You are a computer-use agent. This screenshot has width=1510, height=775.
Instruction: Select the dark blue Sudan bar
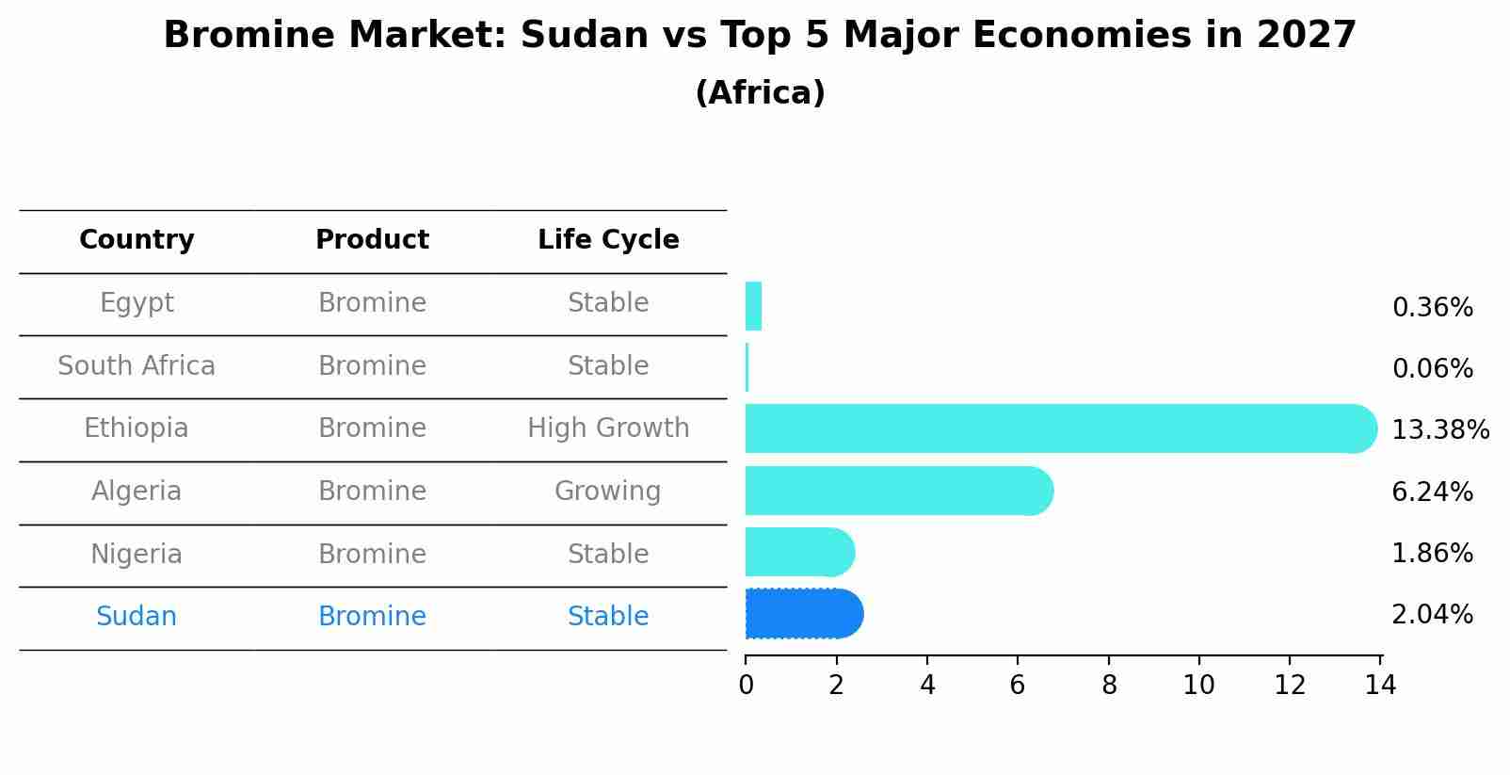point(803,614)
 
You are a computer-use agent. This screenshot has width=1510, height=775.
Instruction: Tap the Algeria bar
point(898,491)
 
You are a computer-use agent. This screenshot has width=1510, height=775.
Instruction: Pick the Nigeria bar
point(799,552)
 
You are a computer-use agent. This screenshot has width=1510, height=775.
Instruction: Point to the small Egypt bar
point(753,306)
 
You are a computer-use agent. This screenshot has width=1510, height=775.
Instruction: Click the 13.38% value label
point(1439,430)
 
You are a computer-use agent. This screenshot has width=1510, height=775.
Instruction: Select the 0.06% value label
point(1432,369)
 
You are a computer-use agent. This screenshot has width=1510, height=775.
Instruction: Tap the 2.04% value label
point(1432,615)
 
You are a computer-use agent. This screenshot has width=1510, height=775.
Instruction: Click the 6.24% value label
point(1432,492)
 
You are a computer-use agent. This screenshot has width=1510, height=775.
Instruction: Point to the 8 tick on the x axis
point(1109,686)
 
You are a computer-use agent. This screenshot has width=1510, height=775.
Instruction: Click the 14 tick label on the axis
point(1380,686)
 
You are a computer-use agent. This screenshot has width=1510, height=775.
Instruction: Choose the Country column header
point(137,240)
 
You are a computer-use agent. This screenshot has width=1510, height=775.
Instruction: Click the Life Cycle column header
point(608,240)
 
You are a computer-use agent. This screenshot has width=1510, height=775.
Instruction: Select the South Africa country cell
point(137,365)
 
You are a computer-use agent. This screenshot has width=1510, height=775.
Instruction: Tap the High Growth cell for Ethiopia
point(608,428)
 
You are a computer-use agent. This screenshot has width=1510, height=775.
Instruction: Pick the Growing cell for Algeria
point(608,491)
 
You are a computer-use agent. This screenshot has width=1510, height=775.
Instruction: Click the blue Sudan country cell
point(137,616)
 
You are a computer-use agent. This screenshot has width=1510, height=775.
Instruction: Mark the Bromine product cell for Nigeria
point(372,554)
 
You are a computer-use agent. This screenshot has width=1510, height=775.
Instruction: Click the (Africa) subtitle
point(760,93)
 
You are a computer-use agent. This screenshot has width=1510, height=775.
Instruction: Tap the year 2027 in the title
point(1306,36)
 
